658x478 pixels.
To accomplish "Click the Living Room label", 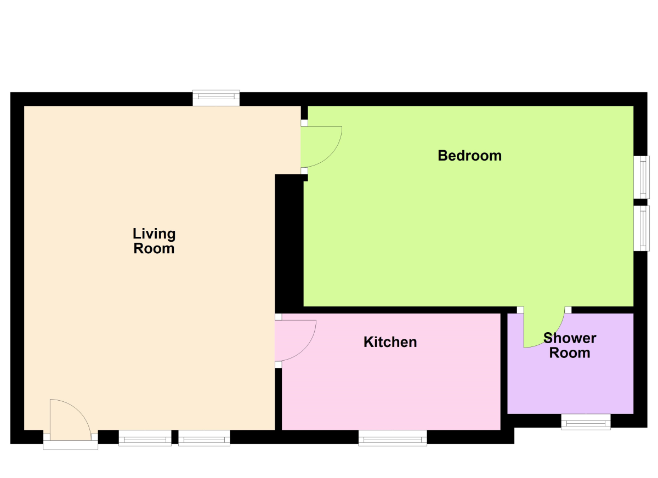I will [x=154, y=241].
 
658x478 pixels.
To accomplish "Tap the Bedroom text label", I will [x=469, y=156].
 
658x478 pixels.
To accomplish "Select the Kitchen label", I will [x=390, y=342].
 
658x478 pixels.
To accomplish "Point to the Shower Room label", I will [x=570, y=345].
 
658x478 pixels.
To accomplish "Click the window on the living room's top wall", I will [x=216, y=98].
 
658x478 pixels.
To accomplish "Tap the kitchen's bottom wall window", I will [x=393, y=437].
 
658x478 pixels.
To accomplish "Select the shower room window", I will [x=586, y=422].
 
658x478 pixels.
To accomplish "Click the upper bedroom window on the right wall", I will [x=642, y=177].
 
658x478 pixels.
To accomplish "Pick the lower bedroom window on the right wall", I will [x=642, y=228].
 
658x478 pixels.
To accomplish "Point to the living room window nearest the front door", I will [x=145, y=437].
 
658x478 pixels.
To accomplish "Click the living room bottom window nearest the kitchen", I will [x=204, y=437].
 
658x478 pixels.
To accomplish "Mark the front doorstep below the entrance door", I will [x=71, y=445].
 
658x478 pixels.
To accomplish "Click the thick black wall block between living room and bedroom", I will [x=289, y=241].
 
